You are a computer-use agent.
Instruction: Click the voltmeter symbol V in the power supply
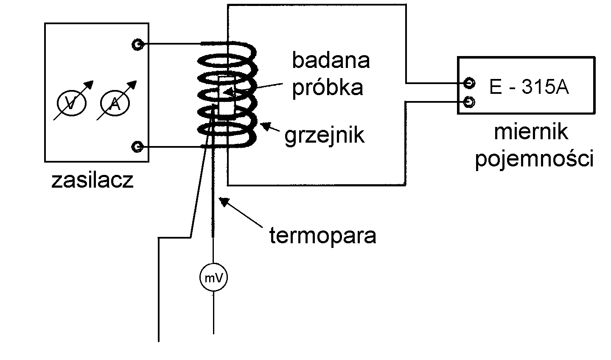pyautogui.click(x=72, y=103)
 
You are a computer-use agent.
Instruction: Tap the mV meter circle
pyautogui.click(x=213, y=278)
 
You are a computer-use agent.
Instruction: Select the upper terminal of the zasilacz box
pyautogui.click(x=137, y=44)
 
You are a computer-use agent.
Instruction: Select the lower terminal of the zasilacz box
pyautogui.click(x=137, y=147)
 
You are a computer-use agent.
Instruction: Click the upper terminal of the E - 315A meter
pyautogui.click(x=469, y=82)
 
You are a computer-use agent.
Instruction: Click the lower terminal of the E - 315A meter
pyautogui.click(x=469, y=102)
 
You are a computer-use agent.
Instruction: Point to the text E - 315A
pyautogui.click(x=529, y=87)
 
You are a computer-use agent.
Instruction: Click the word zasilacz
pyautogui.click(x=92, y=180)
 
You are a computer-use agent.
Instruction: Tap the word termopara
pyautogui.click(x=323, y=235)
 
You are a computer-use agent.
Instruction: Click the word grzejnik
pyautogui.click(x=325, y=135)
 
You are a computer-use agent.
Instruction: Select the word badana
pyautogui.click(x=331, y=61)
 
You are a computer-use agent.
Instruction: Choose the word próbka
pyautogui.click(x=328, y=87)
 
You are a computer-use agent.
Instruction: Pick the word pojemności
pyautogui.click(x=534, y=160)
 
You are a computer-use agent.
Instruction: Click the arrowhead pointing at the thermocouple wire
pyautogui.click(x=224, y=201)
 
